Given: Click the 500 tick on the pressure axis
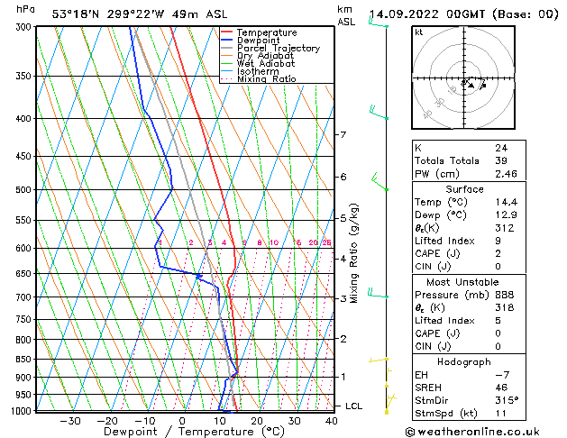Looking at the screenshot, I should (x=23, y=190).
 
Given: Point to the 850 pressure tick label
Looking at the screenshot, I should (x=23, y=359).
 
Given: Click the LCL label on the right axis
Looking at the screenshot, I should (x=353, y=406).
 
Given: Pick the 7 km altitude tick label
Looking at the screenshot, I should (x=343, y=135).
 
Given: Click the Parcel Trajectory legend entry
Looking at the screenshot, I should (x=278, y=48).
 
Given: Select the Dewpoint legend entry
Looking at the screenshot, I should (x=259, y=41).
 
